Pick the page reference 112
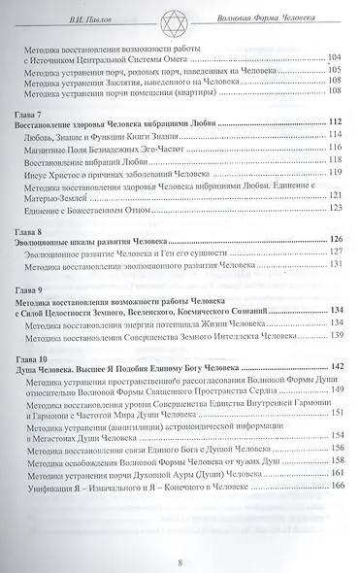[337, 120]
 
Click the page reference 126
[337, 238]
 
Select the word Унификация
[69, 486]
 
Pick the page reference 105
[339, 69]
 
